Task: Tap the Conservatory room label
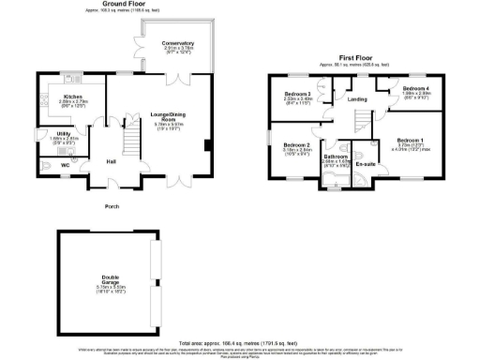click(177, 44)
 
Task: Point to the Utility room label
click(64, 134)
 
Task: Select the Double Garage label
click(110, 278)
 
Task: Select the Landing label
click(356, 98)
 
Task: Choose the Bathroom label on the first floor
click(335, 156)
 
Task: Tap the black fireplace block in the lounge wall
click(207, 143)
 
